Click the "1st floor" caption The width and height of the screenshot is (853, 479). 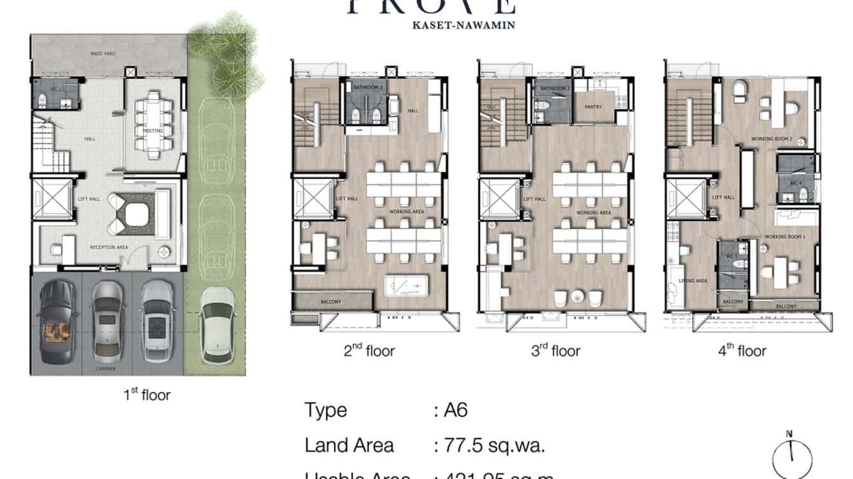147,395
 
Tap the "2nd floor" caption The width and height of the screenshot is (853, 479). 369,351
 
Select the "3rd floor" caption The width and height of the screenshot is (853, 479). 556,351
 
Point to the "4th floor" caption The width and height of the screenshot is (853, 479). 742,351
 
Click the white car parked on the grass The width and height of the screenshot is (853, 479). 217,325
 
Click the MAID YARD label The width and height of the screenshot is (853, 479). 102,54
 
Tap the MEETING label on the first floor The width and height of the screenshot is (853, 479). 153,131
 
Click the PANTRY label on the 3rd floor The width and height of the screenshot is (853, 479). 593,107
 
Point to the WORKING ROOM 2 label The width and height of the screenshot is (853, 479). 771,138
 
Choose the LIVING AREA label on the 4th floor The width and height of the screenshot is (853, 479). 693,281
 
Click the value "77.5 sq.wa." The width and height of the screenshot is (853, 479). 489,445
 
